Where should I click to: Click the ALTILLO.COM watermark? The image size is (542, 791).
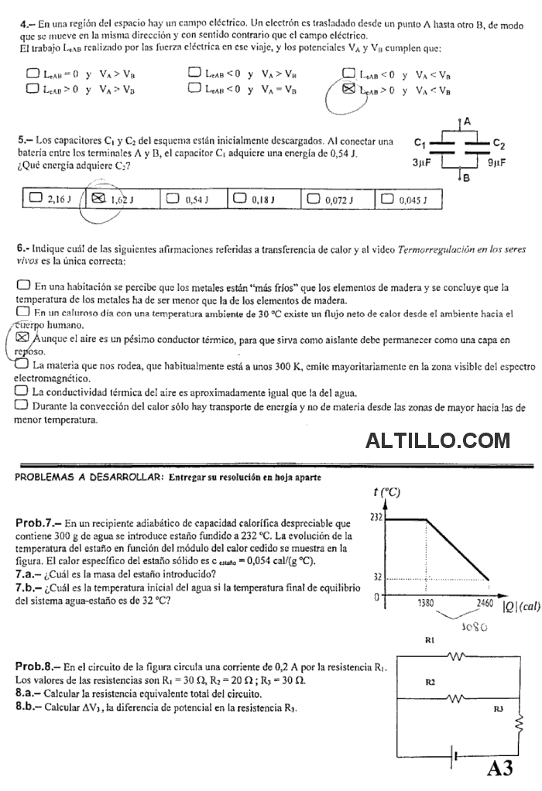pos(437,441)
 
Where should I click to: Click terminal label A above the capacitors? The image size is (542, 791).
pos(468,122)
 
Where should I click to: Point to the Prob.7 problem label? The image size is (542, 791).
pos(37,522)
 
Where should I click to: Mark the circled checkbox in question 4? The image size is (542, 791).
pos(348,91)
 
